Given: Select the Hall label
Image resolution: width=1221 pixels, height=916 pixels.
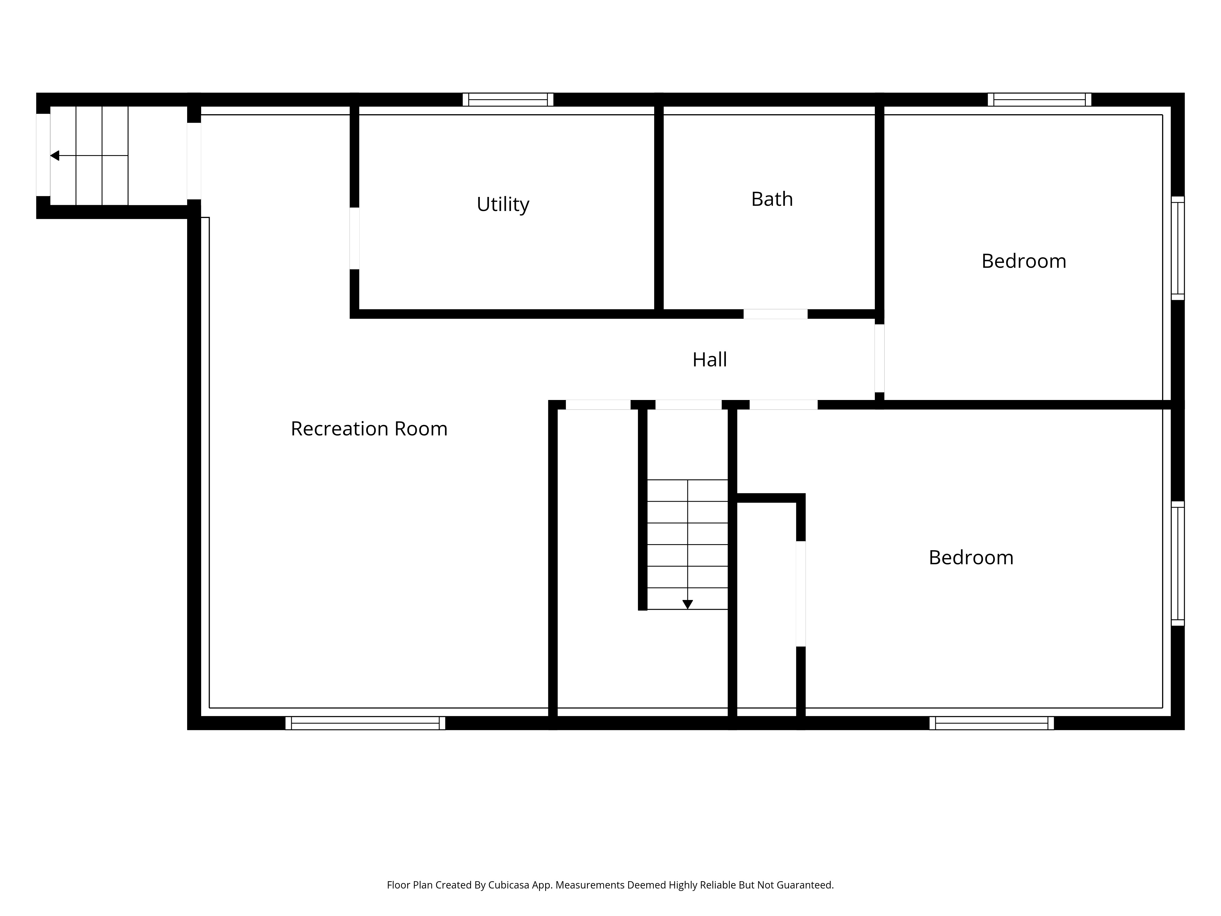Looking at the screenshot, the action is coord(709,359).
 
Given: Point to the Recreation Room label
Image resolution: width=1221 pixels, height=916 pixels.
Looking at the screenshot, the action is coord(369,428).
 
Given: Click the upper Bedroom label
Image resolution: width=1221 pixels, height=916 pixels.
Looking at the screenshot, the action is coord(1024,261).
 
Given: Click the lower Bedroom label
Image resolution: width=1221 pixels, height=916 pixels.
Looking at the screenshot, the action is coord(971,558).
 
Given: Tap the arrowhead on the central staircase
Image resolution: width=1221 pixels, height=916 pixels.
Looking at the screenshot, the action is coord(687,605).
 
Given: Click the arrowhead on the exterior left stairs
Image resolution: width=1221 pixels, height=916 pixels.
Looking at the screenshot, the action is coord(55,156).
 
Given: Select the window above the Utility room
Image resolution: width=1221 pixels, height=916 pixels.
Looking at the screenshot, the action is coord(508,99).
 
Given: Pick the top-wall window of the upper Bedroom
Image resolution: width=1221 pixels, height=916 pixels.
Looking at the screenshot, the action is coord(1039,99).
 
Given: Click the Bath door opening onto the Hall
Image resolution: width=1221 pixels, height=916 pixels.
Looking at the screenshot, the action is coord(776,314).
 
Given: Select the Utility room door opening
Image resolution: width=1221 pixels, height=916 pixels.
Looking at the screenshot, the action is coord(354,238).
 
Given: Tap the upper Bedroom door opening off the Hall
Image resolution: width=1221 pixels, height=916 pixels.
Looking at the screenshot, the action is coord(879,358).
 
